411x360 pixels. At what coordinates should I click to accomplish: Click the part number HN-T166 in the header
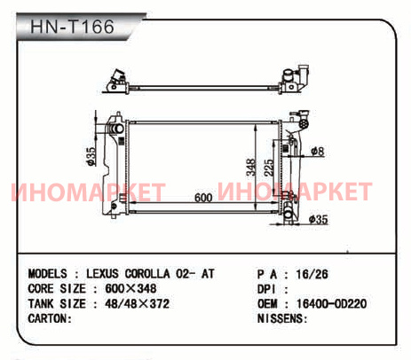click(72, 27)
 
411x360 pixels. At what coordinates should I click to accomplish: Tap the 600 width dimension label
click(203, 198)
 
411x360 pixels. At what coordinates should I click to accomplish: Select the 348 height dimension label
click(251, 168)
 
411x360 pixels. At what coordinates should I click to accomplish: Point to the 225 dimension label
click(269, 168)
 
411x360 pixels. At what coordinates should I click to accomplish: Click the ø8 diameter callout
click(318, 152)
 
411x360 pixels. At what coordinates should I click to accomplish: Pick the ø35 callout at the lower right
click(318, 219)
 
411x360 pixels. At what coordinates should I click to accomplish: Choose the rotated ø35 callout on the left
click(91, 156)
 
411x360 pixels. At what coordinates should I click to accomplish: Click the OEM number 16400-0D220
click(331, 303)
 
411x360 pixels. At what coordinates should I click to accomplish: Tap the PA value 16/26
click(312, 274)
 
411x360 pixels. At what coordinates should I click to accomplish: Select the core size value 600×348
click(130, 288)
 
